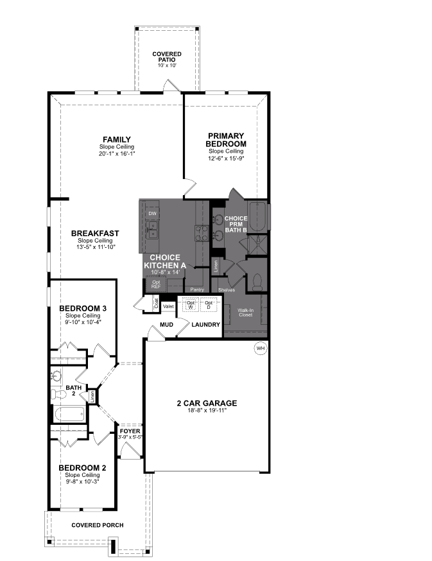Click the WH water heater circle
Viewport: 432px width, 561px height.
260,349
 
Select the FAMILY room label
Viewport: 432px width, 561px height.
117,139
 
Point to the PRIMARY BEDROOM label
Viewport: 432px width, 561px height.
226,139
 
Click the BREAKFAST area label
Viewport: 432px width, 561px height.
95,233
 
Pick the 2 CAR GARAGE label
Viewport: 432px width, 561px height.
207,403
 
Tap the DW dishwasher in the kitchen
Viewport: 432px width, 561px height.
152,213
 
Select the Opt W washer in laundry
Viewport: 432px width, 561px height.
190,305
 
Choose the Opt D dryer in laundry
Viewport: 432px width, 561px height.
209,305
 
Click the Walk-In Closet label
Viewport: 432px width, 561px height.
245,313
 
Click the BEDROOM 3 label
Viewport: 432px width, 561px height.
82,309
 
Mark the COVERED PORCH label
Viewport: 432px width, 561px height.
98,525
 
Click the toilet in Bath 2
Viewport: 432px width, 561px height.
57,391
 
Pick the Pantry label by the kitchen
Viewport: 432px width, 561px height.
197,289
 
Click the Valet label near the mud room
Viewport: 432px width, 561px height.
169,306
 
